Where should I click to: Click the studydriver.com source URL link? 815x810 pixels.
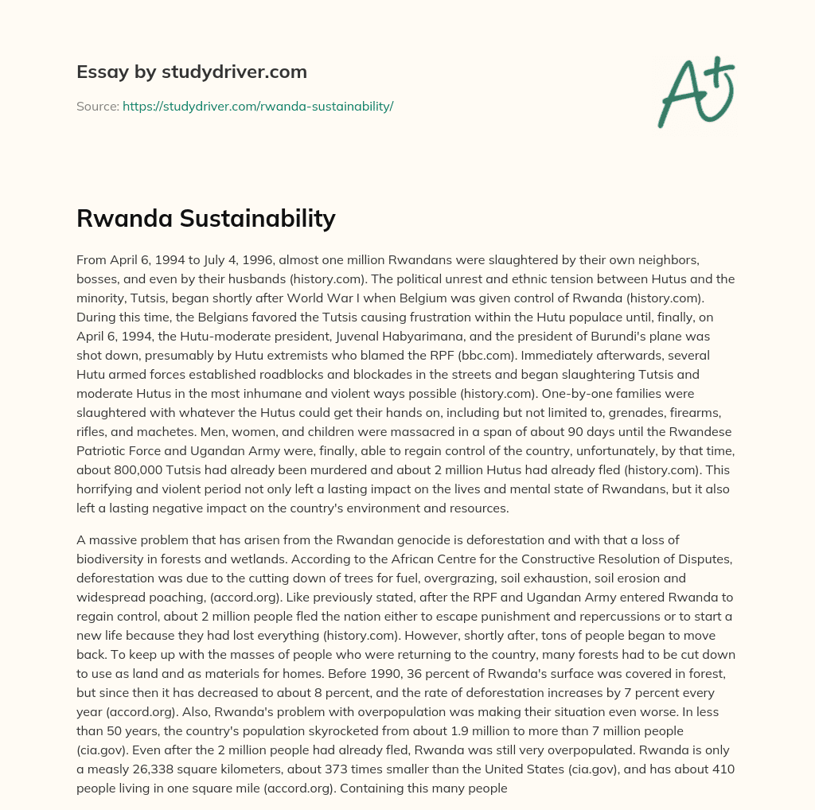pyautogui.click(x=258, y=106)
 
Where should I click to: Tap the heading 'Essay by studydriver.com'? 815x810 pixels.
pyautogui.click(x=191, y=72)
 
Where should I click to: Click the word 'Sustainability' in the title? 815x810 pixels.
pyautogui.click(x=267, y=218)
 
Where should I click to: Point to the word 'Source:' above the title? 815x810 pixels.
pyautogui.click(x=97, y=106)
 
